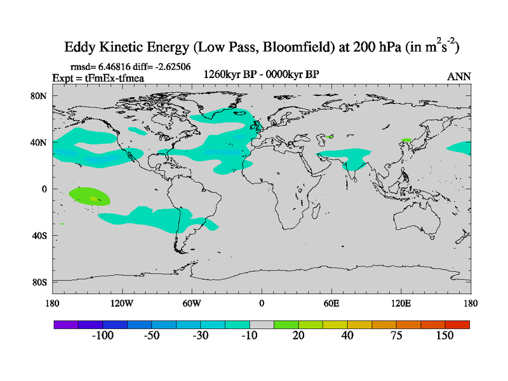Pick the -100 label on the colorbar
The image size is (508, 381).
(102, 335)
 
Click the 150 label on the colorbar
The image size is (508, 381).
(444, 335)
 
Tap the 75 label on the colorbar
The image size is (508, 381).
(396, 335)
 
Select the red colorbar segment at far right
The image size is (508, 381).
(457, 324)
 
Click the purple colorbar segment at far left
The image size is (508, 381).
(66, 324)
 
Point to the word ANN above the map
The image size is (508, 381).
(458, 76)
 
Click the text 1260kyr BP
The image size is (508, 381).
(227, 74)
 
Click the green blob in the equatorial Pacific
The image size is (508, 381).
(89, 196)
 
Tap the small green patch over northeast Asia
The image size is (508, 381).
(406, 140)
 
